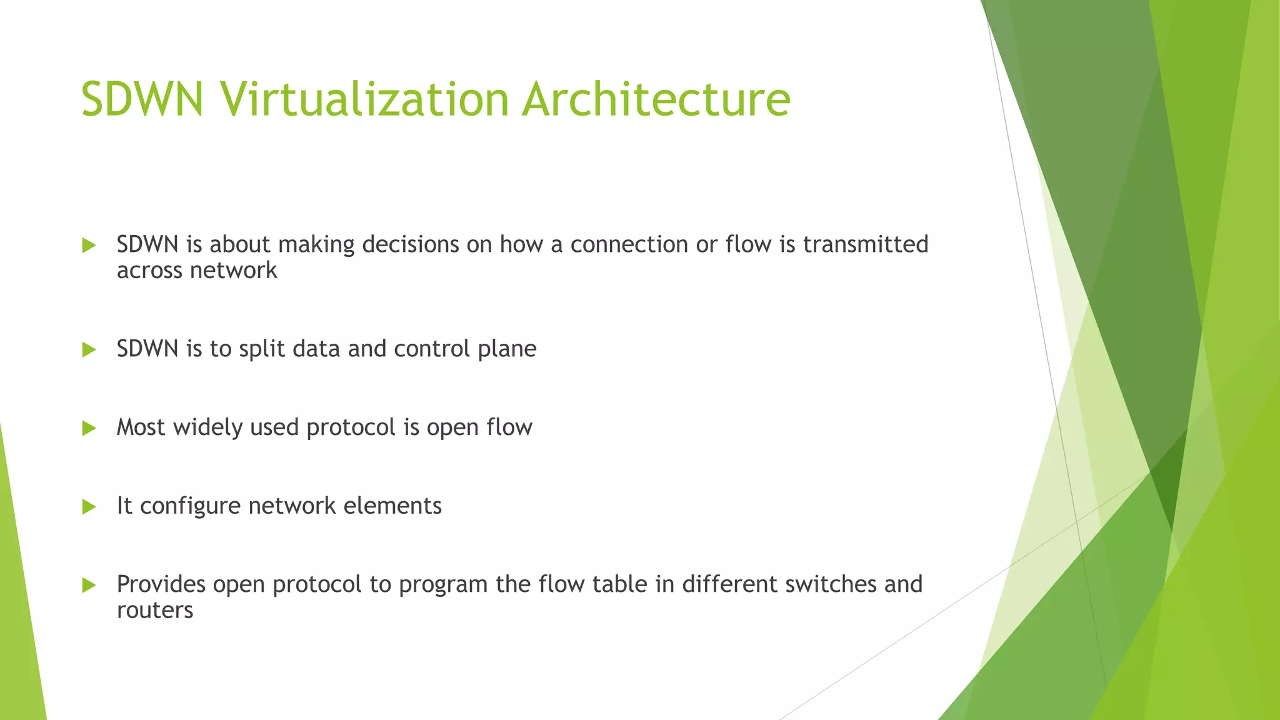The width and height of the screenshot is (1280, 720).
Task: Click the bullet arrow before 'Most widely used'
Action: (x=89, y=428)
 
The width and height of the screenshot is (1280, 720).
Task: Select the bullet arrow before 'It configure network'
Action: (x=89, y=506)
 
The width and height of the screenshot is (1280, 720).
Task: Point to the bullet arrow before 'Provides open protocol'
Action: (x=89, y=585)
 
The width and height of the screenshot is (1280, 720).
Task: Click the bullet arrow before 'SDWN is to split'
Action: (x=89, y=349)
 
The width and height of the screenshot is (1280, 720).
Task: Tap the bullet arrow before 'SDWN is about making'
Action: (x=89, y=245)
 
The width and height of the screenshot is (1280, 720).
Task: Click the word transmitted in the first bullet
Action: (x=865, y=244)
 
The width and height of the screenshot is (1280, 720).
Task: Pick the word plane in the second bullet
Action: (x=507, y=349)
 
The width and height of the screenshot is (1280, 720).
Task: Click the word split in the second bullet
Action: (x=262, y=349)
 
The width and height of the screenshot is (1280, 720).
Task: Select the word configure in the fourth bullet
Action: (x=190, y=506)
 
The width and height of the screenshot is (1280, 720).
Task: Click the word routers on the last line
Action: (x=155, y=610)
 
